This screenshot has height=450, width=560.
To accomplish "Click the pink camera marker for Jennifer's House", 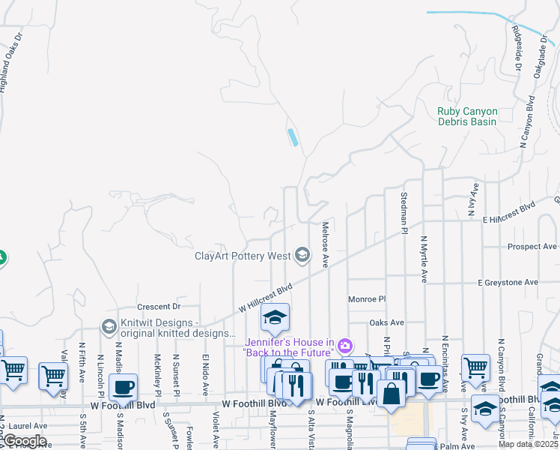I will [344, 346].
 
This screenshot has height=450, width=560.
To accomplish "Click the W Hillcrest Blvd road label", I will [265, 298].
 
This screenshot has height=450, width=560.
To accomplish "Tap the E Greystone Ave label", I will [508, 283].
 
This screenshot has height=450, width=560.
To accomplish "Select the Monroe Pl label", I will [366, 299].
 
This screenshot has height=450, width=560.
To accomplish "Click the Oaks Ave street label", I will [386, 323].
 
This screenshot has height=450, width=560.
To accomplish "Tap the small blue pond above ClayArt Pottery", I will [293, 137].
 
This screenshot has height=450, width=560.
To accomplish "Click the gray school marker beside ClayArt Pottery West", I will [302, 256].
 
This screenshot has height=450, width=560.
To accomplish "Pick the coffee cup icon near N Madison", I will [123, 388].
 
